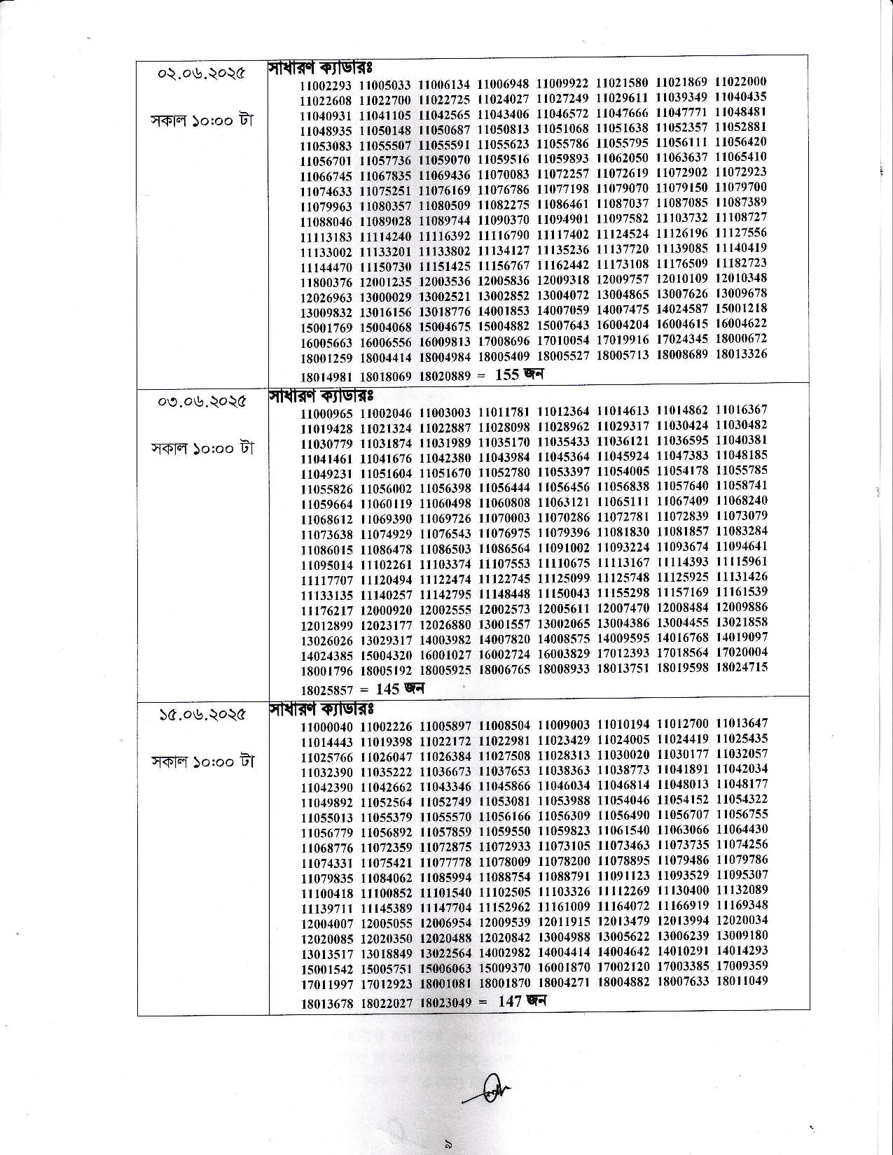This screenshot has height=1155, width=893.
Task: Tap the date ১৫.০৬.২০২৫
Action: pyautogui.click(x=202, y=715)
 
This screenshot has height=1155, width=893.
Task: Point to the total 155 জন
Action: pyautogui.click(x=519, y=374)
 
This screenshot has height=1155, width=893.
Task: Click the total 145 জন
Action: pyautogui.click(x=400, y=689)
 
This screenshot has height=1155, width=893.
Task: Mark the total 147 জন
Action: pyautogui.click(x=521, y=1001)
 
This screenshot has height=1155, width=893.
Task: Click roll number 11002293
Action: pyautogui.click(x=326, y=85)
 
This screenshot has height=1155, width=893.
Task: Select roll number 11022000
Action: pyautogui.click(x=741, y=81)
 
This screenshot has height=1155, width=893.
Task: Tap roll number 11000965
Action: pyautogui.click(x=327, y=413)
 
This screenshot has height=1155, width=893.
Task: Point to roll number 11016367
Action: pyautogui.click(x=742, y=409)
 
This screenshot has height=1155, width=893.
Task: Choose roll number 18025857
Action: pyautogui.click(x=327, y=689)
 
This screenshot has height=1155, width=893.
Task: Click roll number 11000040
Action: pyautogui.click(x=327, y=727)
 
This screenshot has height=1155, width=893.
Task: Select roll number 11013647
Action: pyautogui.click(x=742, y=723)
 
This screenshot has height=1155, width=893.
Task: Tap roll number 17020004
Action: pyautogui.click(x=742, y=652)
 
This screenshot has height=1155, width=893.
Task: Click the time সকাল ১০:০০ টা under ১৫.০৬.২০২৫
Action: pyautogui.click(x=202, y=761)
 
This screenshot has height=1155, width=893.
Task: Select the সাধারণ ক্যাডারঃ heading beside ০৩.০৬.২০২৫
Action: pyautogui.click(x=320, y=396)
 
